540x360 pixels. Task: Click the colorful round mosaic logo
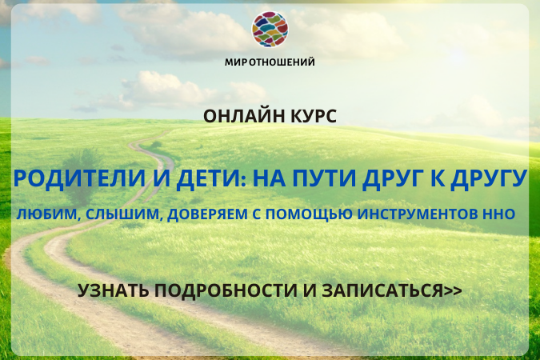[270, 29]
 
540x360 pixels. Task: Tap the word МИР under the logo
[236, 62]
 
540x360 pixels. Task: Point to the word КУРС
[314, 116]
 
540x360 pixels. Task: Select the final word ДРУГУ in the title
[489, 178]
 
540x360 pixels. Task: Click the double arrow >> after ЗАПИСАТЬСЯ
[453, 291]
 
